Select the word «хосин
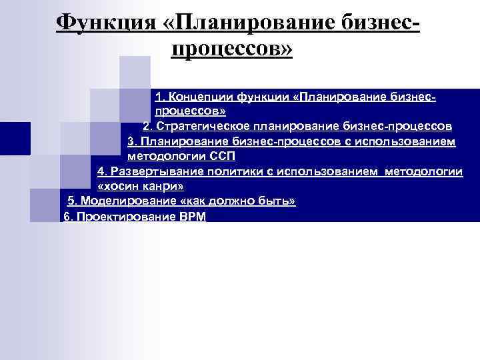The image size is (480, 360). point(119,186)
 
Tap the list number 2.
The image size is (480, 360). point(147,126)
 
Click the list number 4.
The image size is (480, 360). point(101,171)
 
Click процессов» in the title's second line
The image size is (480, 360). point(232,50)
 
